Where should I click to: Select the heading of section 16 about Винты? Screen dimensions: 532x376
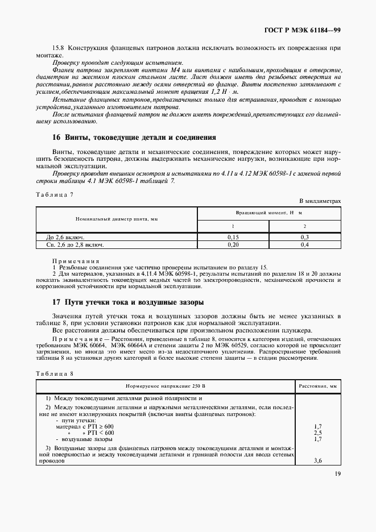click(134, 137)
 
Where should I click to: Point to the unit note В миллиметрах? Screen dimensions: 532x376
click(320, 201)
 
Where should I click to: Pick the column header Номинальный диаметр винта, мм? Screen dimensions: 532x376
click(117, 218)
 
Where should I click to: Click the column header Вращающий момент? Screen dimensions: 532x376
click(268, 212)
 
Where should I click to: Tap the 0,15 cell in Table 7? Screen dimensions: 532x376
click(233, 237)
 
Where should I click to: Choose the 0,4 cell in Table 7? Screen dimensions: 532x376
click(304, 245)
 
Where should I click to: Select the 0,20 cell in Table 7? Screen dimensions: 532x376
click(233, 245)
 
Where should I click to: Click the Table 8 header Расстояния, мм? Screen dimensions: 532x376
click(317, 386)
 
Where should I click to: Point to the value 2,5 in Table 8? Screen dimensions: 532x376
click(318, 433)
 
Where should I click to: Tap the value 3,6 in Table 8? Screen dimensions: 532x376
click(318, 462)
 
